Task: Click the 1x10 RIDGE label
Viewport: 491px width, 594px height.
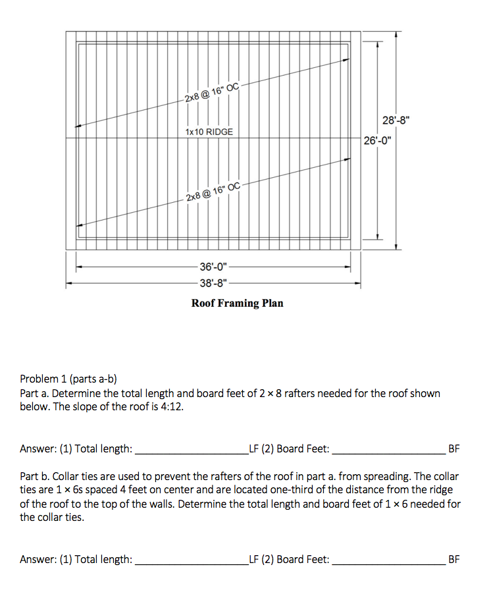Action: tap(209, 132)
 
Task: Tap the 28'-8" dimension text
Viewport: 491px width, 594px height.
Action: tap(396, 121)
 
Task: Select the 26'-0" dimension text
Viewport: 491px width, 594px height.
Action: tap(376, 140)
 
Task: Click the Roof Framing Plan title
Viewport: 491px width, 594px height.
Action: tap(237, 303)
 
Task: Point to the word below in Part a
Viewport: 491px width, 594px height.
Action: tap(34, 406)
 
